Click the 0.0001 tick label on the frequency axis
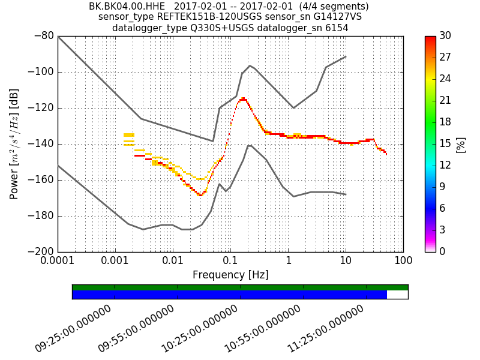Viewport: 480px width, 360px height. pos(58,262)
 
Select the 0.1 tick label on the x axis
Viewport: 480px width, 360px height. pos(230,262)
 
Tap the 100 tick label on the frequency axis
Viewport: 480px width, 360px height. pos(403,262)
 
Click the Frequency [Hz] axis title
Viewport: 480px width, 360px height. pos(230,275)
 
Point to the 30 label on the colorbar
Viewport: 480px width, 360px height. pos(446,36)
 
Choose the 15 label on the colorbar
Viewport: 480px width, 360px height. pos(446,144)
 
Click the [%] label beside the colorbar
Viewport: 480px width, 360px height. pos(461,144)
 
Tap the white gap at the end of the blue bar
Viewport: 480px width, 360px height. pos(397,295)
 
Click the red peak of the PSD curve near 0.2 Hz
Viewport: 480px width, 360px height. pos(243,99)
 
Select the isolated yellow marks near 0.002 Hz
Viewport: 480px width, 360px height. pos(129,139)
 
